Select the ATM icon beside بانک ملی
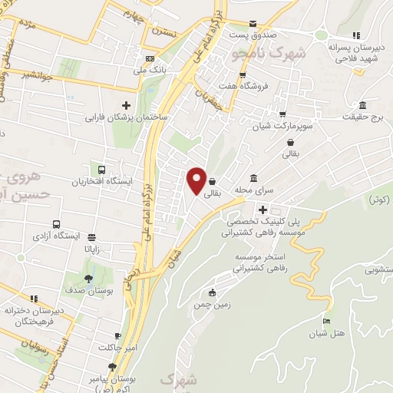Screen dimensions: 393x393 (x=150, y=59)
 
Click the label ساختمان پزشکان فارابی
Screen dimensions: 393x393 (x=127, y=118)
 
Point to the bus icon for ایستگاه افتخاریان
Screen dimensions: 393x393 (x=101, y=170)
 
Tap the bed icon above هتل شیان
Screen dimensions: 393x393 (x=328, y=320)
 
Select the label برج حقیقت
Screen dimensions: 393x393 (x=365, y=117)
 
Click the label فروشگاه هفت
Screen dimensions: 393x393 (x=243, y=86)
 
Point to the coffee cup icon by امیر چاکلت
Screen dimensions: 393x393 (x=117, y=336)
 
